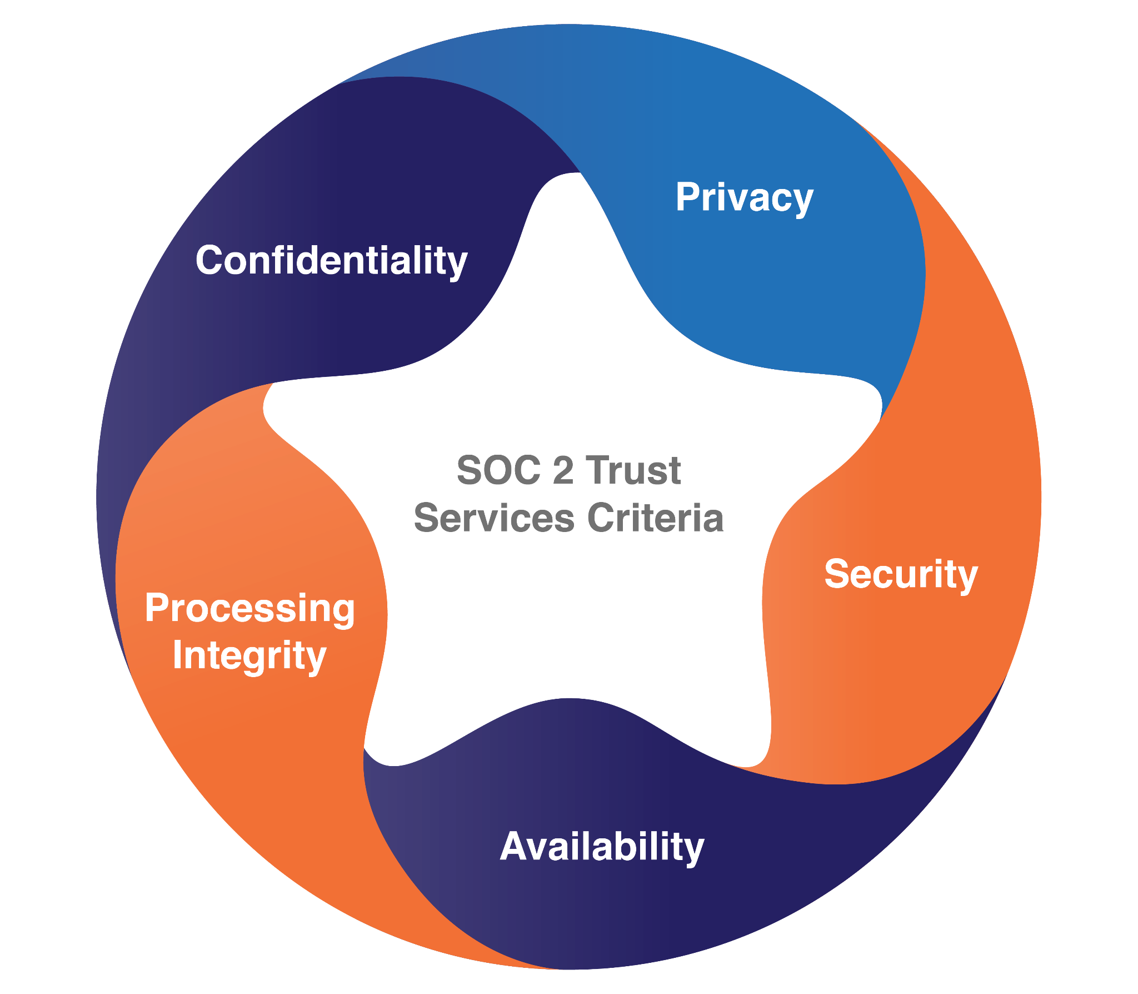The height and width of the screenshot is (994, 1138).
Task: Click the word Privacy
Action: (745, 198)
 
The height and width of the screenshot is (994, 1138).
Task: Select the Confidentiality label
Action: (332, 261)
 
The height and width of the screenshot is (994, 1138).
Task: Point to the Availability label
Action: (602, 848)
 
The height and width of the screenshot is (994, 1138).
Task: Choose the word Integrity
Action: (249, 656)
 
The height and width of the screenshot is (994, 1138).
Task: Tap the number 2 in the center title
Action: (563, 470)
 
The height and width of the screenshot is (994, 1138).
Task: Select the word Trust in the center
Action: (633, 470)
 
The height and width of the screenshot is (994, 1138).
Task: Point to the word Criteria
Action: (656, 518)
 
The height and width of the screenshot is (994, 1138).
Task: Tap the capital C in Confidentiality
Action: (210, 260)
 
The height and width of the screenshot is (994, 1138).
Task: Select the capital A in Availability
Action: (515, 846)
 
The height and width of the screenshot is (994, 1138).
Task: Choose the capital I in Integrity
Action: (177, 654)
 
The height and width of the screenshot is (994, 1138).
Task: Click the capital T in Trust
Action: (598, 470)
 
